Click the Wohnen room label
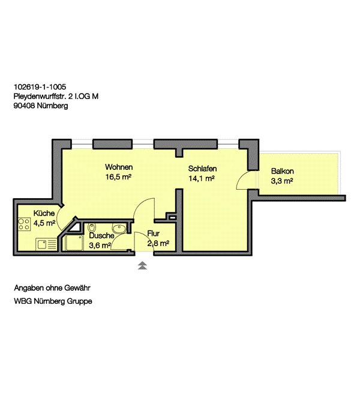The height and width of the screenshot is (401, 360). [x=119, y=167]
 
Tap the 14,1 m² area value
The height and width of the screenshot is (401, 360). [x=202, y=178]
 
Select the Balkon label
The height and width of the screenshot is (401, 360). [x=283, y=171]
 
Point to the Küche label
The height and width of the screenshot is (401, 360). [x=44, y=213]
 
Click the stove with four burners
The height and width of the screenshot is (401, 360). [x=24, y=224]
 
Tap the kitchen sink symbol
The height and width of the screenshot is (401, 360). [x=46, y=244]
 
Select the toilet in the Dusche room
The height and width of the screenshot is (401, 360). [x=92, y=227]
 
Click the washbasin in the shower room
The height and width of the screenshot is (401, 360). [x=119, y=228]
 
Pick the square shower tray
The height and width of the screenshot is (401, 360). [x=74, y=243]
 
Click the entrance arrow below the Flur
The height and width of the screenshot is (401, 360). [x=142, y=265]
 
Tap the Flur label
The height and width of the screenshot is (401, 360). [x=154, y=234]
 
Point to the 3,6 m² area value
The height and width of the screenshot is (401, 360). [x=100, y=246]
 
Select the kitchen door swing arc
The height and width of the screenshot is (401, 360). [x=57, y=218]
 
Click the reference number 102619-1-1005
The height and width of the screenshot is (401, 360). [x=40, y=87]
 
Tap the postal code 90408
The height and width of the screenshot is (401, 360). [x=24, y=106]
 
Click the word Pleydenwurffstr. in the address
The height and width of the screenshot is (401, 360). [x=40, y=97]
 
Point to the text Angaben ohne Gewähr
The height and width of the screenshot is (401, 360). [x=52, y=288]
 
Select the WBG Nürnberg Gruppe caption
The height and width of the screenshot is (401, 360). [x=53, y=301]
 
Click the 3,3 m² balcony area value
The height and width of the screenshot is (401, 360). [x=282, y=181]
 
